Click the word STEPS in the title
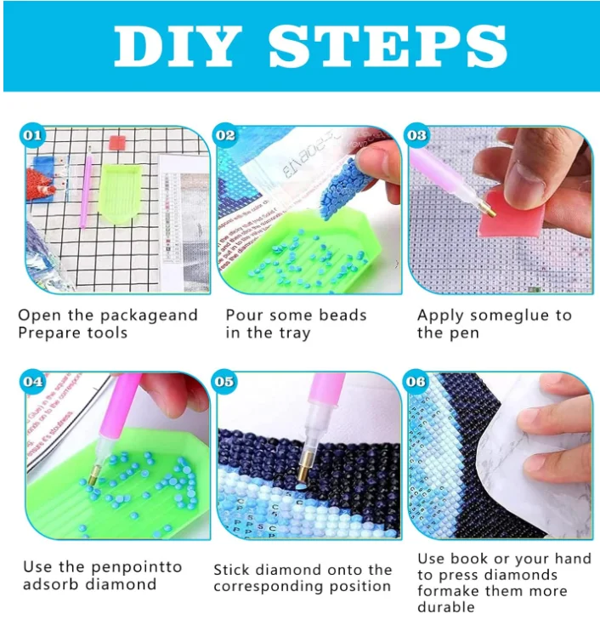click(388, 47)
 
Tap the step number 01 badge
click(32, 135)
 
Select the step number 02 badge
click(225, 135)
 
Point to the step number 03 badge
click(416, 135)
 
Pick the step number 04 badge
click(32, 382)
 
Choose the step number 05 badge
click(224, 382)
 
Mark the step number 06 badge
click(416, 382)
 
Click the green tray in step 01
click(120, 193)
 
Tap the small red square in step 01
click(117, 143)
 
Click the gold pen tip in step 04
click(95, 475)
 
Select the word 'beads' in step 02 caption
click(342, 315)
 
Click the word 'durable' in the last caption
click(446, 607)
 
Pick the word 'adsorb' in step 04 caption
click(50, 584)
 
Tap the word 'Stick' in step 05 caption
click(232, 570)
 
